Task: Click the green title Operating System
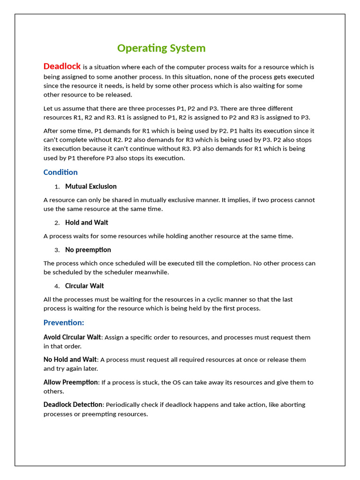[161, 48]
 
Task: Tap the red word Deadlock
[62, 66]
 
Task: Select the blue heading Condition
[60, 172]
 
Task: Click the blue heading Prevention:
[64, 322]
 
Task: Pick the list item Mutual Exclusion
[91, 187]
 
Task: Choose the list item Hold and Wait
[87, 223]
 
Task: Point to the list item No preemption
[88, 250]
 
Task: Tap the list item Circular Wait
[84, 286]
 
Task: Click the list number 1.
[57, 187]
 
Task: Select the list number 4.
[57, 286]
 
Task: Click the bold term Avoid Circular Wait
[72, 337]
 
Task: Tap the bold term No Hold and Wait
[70, 360]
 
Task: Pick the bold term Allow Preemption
[71, 382]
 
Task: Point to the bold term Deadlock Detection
[73, 405]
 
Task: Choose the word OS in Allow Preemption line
[177, 382]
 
